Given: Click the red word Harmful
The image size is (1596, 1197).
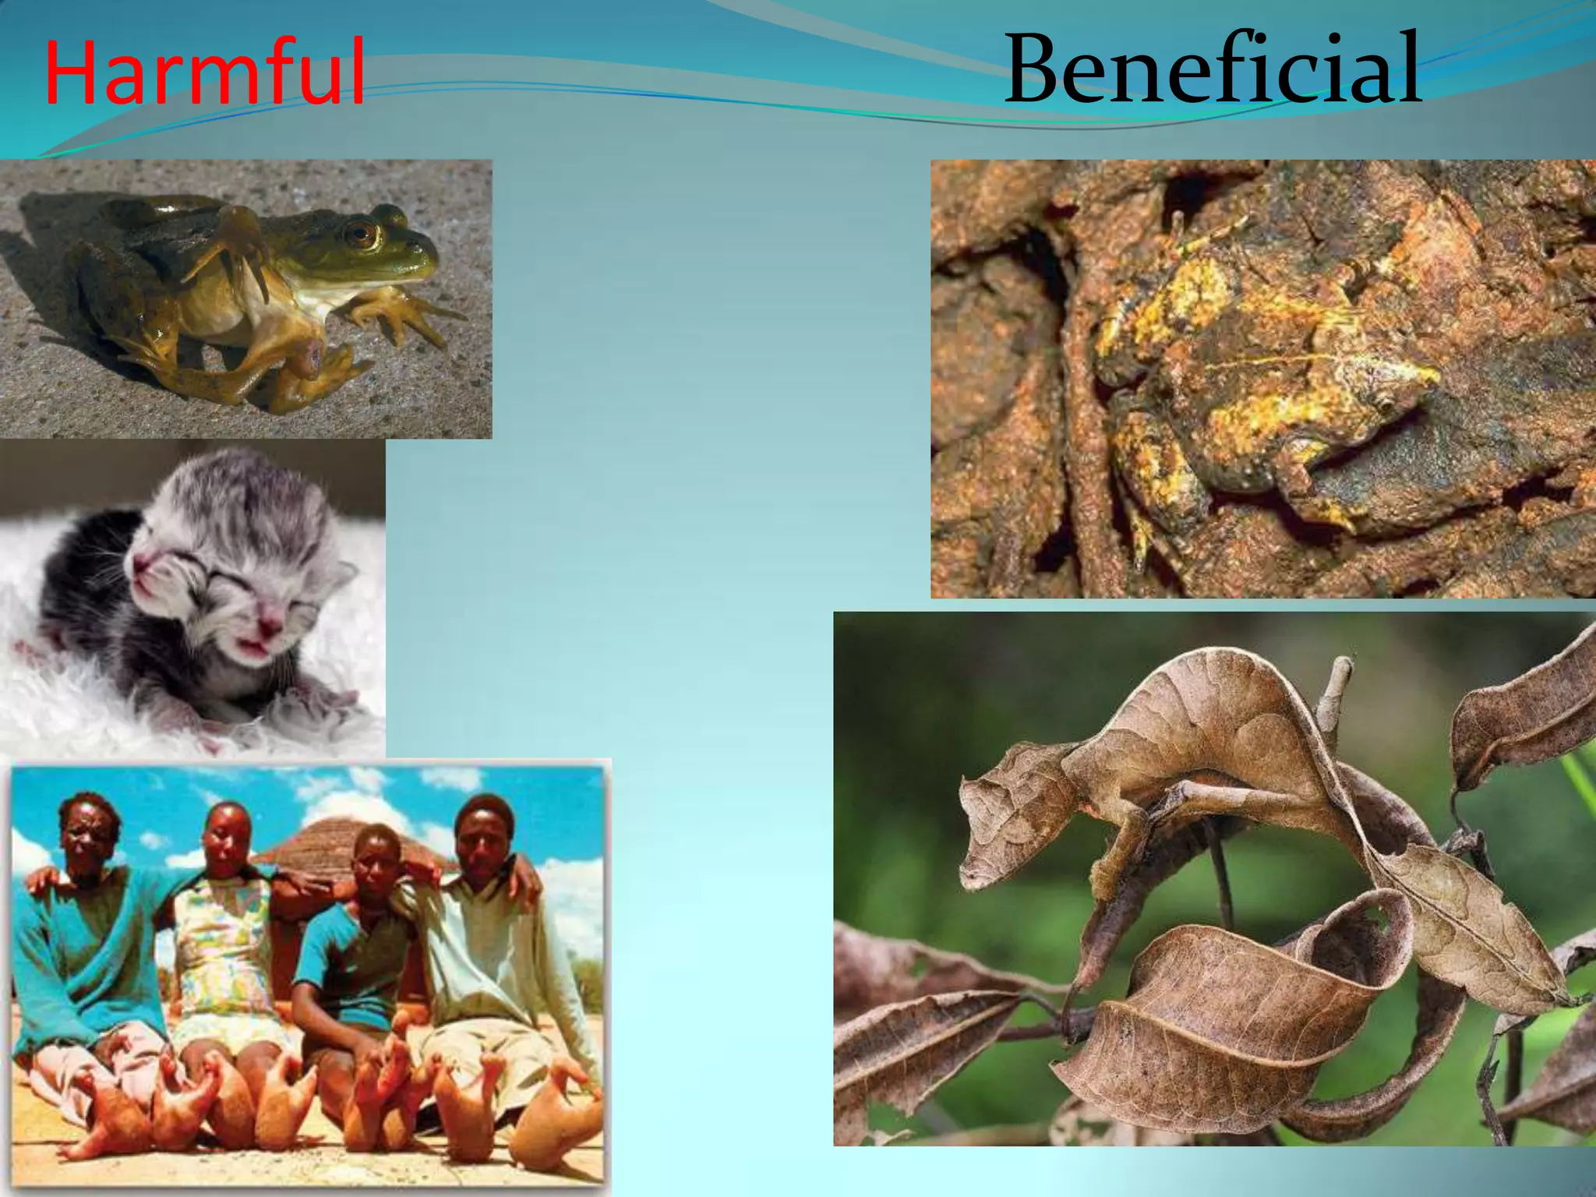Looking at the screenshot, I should (x=204, y=72).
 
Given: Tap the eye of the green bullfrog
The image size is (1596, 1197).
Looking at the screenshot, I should (x=362, y=233).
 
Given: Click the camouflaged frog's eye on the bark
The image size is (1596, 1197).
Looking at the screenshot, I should (x=1386, y=404).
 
